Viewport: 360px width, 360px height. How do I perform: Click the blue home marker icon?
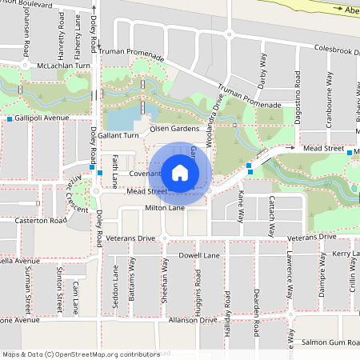180,172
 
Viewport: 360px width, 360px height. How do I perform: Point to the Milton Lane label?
165,207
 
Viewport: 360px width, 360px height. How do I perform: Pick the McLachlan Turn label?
58,66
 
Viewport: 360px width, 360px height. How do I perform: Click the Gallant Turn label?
120,136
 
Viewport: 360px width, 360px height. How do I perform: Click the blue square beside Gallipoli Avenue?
10,119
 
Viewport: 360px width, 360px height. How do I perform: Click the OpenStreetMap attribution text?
70,354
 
